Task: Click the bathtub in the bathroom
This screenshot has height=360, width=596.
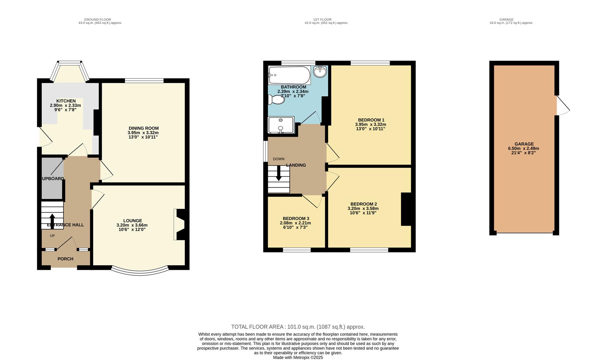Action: point(289,75)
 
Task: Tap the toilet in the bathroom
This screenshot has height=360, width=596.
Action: point(276,99)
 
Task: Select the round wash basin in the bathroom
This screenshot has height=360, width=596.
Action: point(321,71)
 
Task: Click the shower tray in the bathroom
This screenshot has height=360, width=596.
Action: point(281,125)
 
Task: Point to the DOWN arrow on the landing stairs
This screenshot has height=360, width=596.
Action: point(278,176)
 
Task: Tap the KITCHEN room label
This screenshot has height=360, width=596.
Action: point(66,101)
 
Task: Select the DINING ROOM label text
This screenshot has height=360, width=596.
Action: point(143,128)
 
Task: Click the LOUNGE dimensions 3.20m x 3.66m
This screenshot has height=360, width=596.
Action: point(132,225)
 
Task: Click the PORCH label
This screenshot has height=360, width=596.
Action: point(65,259)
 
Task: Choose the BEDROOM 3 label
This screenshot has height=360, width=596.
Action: point(296,219)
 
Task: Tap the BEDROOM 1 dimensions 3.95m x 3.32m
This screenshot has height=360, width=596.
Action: point(371,124)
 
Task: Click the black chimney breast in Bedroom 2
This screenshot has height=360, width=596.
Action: point(406,209)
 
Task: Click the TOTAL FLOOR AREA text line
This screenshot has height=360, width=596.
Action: point(298,327)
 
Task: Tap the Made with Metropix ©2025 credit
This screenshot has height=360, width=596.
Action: point(298,357)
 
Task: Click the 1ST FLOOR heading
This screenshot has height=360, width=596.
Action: point(322,20)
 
